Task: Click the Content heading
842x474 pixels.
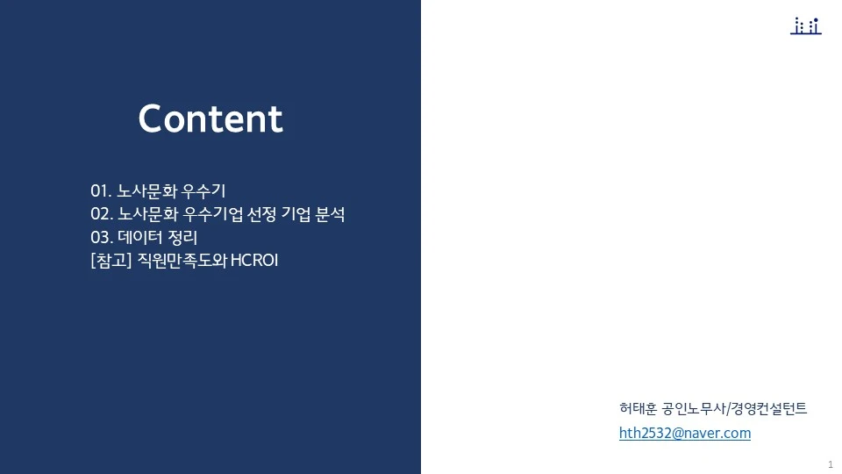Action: click(x=210, y=119)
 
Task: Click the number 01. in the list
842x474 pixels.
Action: click(x=101, y=190)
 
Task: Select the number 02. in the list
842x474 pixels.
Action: click(x=102, y=214)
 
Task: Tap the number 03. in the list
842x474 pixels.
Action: click(x=102, y=237)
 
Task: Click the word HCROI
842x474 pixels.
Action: click(x=253, y=261)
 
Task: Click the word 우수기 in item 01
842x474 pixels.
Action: click(x=204, y=190)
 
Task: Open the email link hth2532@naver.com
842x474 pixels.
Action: click(x=685, y=433)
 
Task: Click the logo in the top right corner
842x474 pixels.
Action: click(x=805, y=26)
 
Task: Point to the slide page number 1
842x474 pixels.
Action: click(x=830, y=463)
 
